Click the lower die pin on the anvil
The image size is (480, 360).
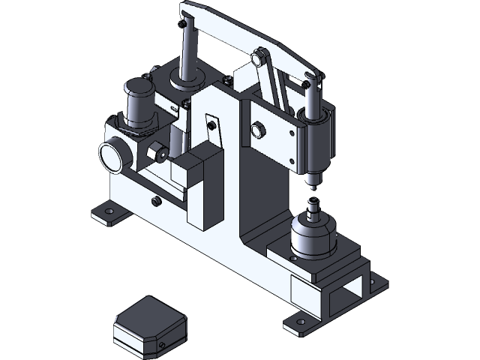pos(313,203)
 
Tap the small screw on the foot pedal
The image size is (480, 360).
pos(163,346)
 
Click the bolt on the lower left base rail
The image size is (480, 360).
pos(155,201)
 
